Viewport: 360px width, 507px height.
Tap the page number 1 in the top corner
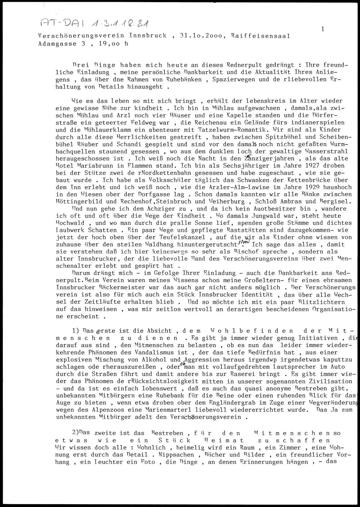coord(323,29)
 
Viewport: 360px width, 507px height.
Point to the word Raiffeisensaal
coord(261,36)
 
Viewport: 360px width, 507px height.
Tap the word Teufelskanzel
coord(182,237)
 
